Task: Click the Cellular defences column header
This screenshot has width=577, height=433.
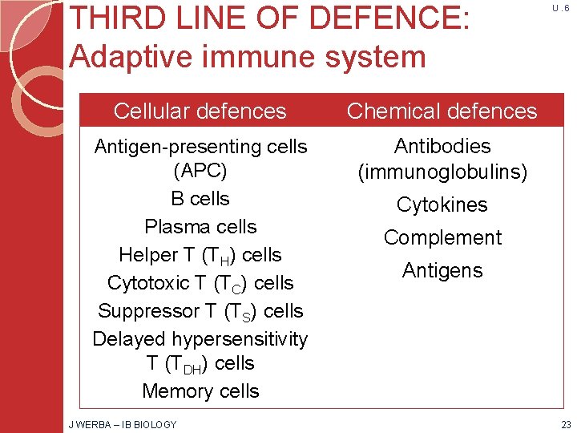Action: [x=200, y=111]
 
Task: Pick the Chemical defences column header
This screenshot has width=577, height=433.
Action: [x=442, y=111]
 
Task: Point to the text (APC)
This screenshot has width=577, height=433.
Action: [x=200, y=172]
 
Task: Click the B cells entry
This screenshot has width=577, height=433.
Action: [x=200, y=199]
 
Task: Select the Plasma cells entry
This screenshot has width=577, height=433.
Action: [x=200, y=227]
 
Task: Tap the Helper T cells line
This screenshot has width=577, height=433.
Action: [x=200, y=255]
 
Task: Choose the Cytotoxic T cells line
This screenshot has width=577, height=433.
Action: [x=200, y=283]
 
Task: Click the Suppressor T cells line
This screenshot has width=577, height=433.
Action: [x=200, y=311]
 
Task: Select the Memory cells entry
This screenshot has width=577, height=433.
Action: [x=200, y=391]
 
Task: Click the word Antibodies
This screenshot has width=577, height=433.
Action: [x=442, y=146]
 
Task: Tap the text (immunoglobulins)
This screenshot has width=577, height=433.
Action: [x=442, y=172]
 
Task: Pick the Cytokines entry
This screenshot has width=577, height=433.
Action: [x=442, y=205]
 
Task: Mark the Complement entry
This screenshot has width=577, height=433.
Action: [x=442, y=237]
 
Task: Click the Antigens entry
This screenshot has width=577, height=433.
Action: [x=442, y=271]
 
